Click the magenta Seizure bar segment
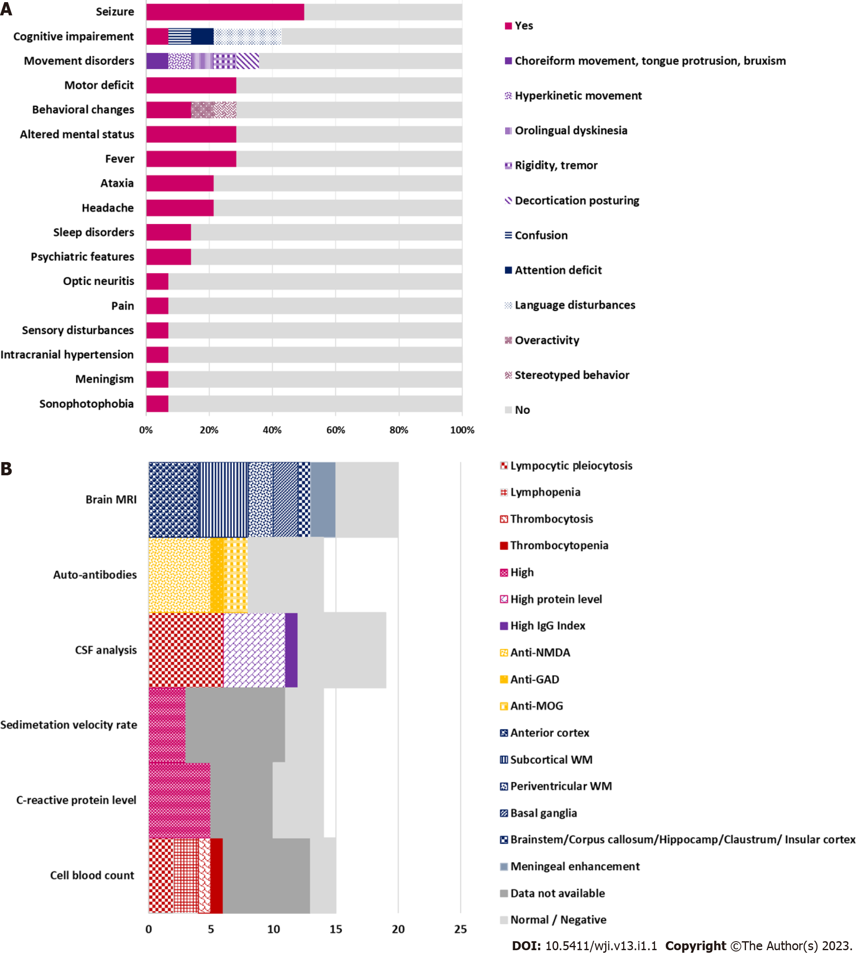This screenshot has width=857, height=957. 225,12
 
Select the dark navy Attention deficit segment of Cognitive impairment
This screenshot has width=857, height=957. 202,37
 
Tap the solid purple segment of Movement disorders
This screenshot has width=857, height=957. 157,61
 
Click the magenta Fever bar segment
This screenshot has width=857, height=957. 191,159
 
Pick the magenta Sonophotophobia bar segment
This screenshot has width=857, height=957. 157,404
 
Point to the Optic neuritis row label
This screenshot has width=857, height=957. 99,281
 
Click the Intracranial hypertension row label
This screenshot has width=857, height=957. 67,355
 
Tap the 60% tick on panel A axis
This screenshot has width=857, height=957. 336,430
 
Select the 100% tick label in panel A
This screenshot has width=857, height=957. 462,430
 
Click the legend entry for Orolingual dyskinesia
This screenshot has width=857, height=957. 566,131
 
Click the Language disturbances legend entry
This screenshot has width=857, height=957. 570,305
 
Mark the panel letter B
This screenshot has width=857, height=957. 6,469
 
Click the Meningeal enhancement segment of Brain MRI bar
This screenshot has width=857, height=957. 323,500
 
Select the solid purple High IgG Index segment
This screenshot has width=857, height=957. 291,650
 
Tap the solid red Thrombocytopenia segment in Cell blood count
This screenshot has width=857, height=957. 217,876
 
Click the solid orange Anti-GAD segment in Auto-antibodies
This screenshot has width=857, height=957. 217,575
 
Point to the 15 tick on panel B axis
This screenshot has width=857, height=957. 336,929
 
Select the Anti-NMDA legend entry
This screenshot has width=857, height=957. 535,652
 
